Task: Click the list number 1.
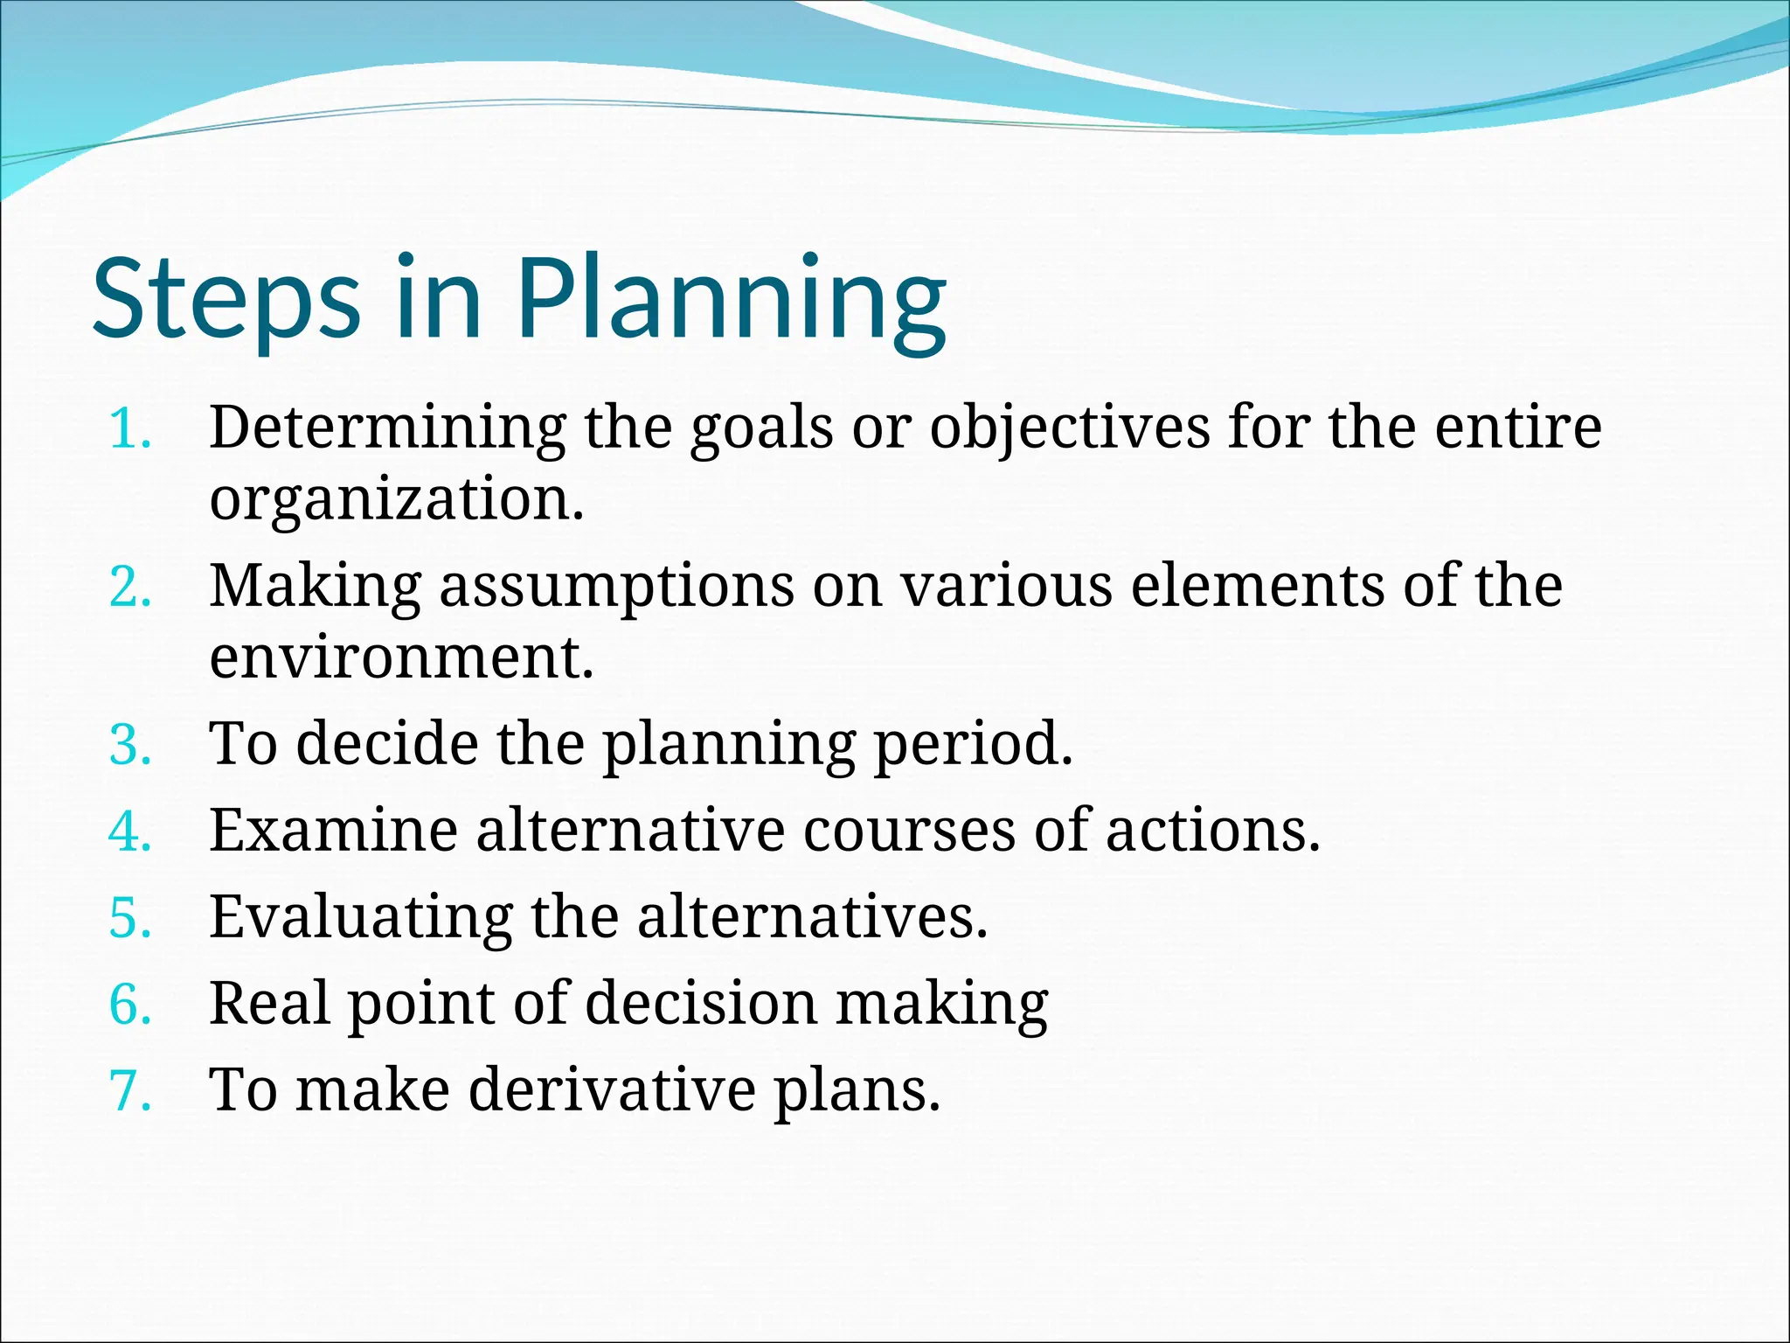[x=130, y=430]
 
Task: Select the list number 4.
[x=130, y=832]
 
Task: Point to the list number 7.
[x=130, y=1092]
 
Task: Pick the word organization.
[x=396, y=500]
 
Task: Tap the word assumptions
[x=616, y=586]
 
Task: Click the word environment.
[x=401, y=658]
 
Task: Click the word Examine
[x=333, y=830]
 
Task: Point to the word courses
[x=909, y=830]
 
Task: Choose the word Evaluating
[x=360, y=918]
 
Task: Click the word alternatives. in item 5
[x=812, y=918]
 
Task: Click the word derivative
[x=612, y=1090]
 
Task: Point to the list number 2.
[x=130, y=588]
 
